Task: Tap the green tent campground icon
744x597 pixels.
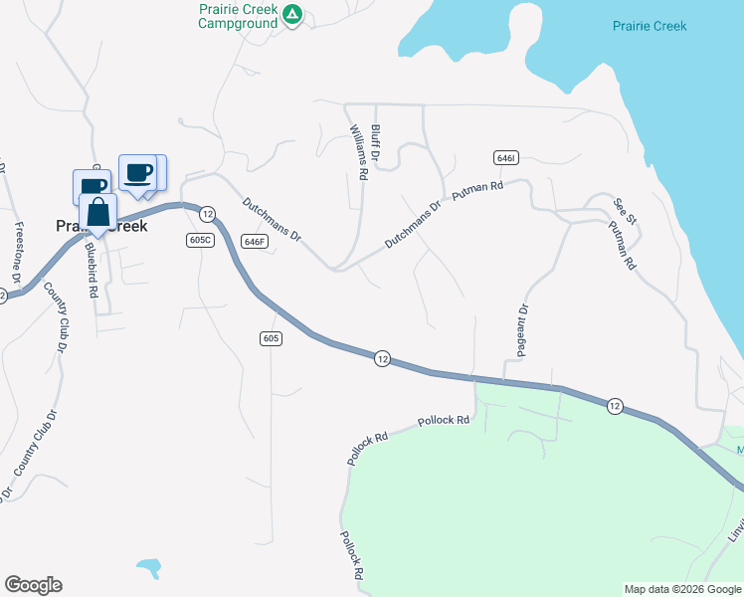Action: (x=291, y=14)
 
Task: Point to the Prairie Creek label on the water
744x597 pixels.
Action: (x=650, y=26)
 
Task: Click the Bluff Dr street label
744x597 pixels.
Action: (x=376, y=142)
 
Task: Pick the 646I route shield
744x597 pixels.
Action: (x=504, y=158)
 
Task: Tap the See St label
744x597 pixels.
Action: (x=624, y=210)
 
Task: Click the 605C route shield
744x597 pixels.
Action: (x=200, y=241)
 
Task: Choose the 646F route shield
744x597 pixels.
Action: (x=255, y=241)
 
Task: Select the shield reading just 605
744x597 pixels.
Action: (x=272, y=338)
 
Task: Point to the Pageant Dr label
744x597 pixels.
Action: (x=523, y=330)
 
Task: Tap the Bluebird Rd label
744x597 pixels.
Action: (x=92, y=271)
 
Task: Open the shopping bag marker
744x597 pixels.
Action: (x=97, y=213)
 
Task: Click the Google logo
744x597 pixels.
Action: (x=33, y=585)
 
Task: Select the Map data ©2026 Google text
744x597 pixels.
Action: (x=681, y=589)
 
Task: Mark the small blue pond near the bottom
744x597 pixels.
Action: (x=149, y=568)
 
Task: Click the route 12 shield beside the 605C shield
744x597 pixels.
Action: (x=207, y=214)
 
